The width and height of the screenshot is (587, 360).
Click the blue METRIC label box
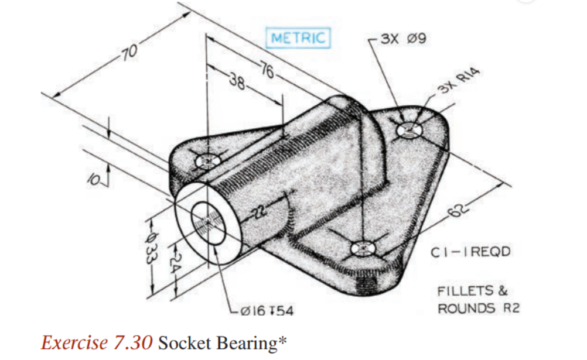click(298, 38)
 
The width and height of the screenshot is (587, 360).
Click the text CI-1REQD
click(470, 252)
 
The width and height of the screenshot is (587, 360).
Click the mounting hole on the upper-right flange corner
click(408, 130)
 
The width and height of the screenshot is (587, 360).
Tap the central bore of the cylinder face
click(206, 223)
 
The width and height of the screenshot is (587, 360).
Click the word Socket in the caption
click(183, 342)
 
